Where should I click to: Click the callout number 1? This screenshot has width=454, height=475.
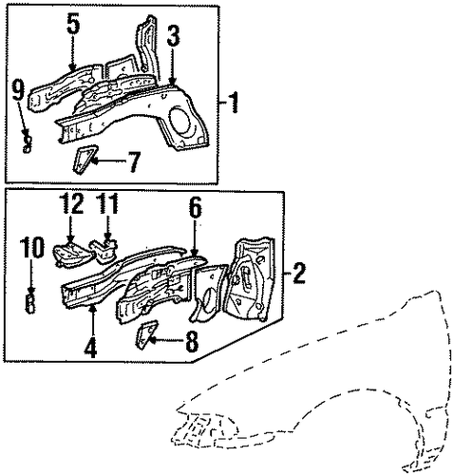click(233, 103)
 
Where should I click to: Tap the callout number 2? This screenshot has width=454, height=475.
click(298, 273)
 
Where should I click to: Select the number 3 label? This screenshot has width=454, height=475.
click(173, 36)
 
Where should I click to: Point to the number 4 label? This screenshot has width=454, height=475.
click(90, 348)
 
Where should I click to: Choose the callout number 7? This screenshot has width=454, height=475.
click(133, 162)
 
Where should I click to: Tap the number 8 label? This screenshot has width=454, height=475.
click(192, 341)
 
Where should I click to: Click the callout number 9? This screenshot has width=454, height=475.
click(18, 89)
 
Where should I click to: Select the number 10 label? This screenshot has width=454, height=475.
click(31, 248)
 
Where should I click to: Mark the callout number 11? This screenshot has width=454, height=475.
click(107, 203)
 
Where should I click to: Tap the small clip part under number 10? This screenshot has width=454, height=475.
click(29, 302)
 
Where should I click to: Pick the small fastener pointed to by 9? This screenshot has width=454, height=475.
click(28, 144)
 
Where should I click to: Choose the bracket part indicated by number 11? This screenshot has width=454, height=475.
click(104, 251)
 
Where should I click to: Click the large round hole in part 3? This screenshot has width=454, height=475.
click(180, 121)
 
